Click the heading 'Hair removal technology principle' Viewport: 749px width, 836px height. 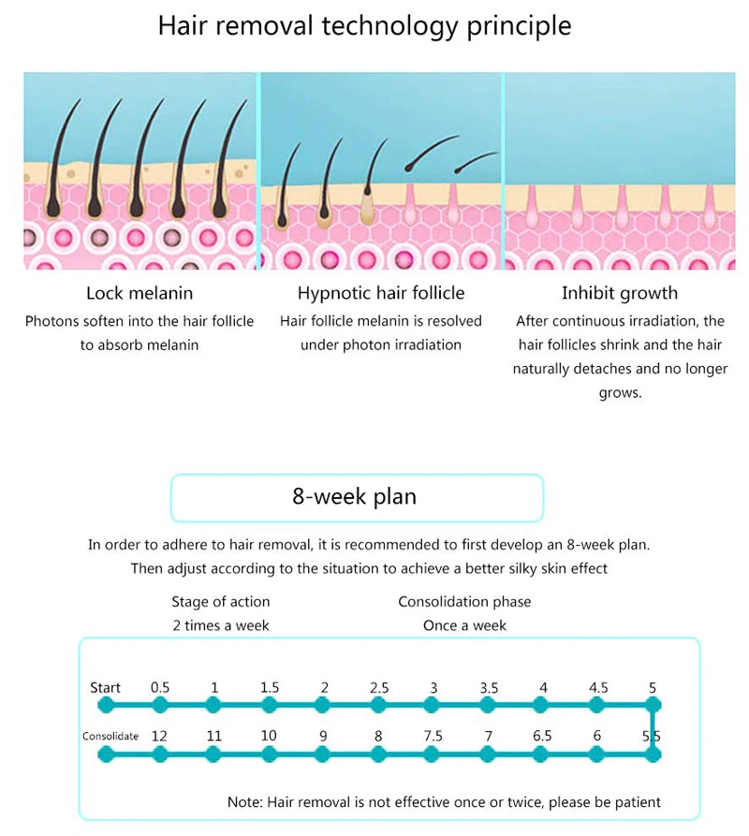[364, 26]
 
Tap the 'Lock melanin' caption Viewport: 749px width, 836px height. [140, 293]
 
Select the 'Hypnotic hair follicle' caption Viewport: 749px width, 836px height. [381, 293]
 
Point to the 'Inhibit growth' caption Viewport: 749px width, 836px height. [620, 293]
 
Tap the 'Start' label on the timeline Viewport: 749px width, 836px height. [105, 688]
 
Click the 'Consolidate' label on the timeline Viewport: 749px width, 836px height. [110, 736]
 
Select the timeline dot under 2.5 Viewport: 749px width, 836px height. [378, 705]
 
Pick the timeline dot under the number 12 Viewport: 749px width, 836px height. [160, 755]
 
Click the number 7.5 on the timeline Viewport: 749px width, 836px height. [433, 736]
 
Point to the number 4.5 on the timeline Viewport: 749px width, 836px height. [598, 688]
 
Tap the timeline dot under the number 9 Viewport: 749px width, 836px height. [322, 755]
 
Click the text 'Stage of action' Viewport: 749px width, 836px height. [221, 601]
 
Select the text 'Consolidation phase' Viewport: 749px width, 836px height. [464, 601]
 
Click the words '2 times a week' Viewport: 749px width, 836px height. [221, 625]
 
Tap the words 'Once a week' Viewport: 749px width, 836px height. [464, 625]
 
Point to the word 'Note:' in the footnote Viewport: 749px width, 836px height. [245, 802]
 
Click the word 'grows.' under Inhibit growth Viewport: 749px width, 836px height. [620, 393]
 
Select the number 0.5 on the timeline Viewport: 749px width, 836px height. [160, 688]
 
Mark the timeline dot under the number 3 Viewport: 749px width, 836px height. [432, 705]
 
